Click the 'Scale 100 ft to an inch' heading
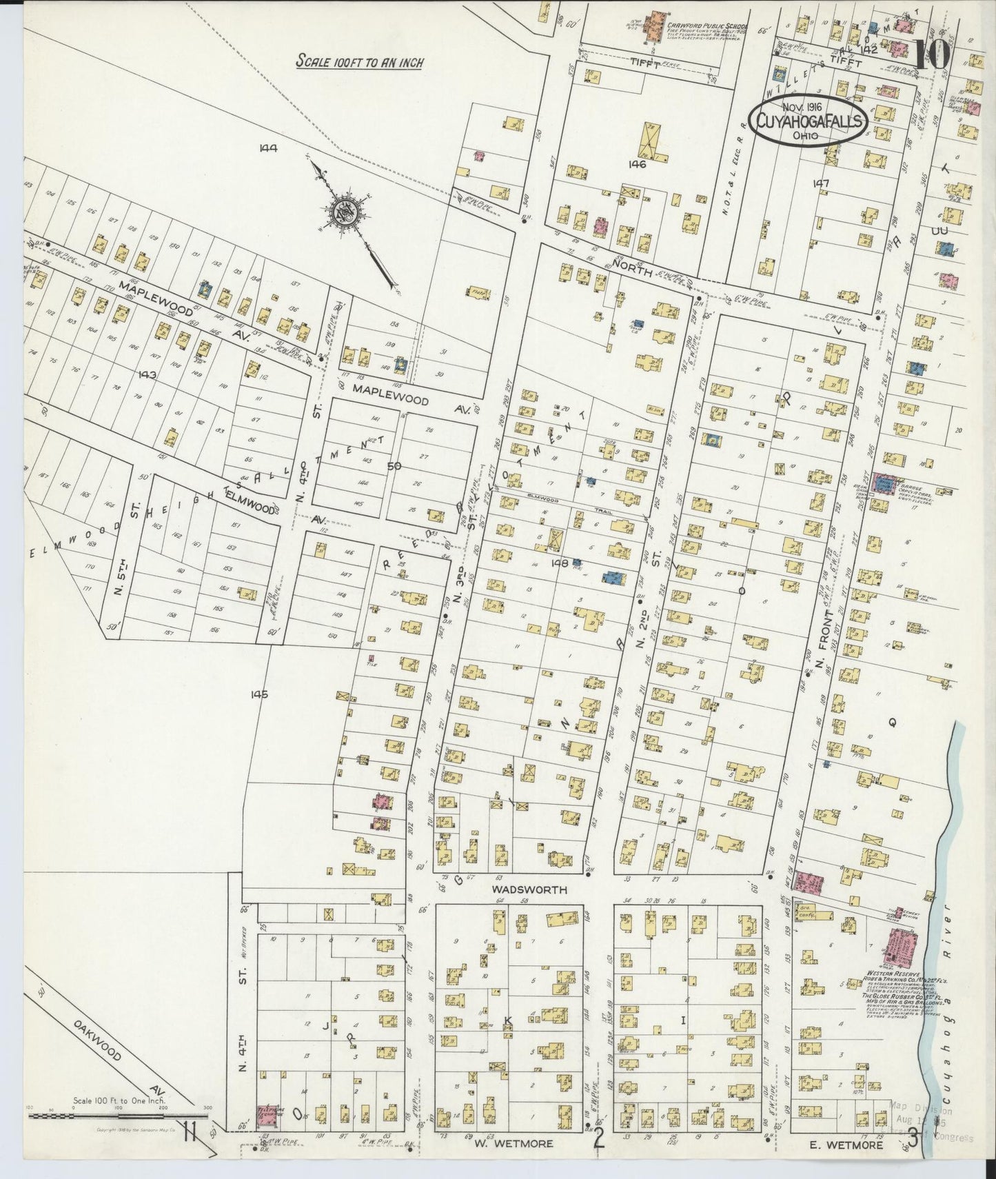coord(359,62)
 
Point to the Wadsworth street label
coord(529,889)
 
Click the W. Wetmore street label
coord(513,1144)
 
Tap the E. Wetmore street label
coord(846,1145)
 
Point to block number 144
coord(268,147)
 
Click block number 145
coord(259,695)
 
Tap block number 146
coord(637,164)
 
